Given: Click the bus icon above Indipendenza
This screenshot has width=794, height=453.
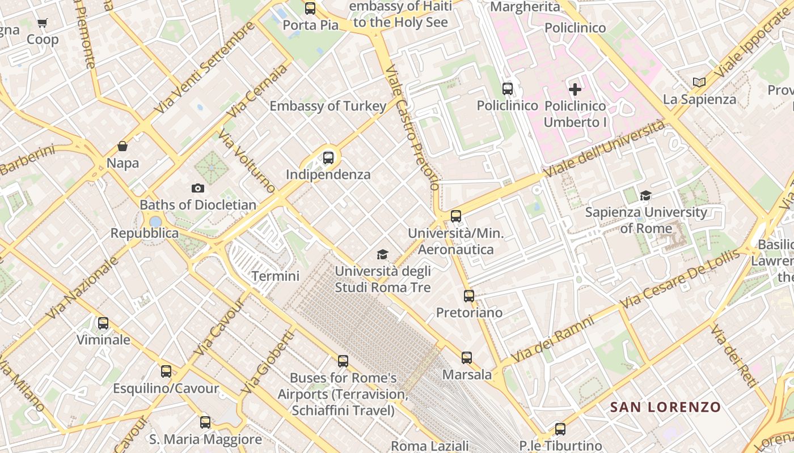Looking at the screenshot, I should (x=328, y=158).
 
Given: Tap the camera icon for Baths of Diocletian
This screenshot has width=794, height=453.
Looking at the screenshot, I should (x=198, y=188).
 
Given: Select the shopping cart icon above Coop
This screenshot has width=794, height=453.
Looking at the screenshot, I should (x=43, y=23).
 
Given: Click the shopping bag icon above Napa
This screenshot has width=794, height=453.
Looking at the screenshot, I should (x=123, y=147).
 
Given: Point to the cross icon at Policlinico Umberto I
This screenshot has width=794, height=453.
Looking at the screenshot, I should (x=575, y=89).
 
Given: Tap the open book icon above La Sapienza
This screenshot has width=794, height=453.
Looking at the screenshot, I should (x=699, y=83).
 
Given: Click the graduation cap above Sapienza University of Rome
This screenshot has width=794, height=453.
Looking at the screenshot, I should (x=645, y=196).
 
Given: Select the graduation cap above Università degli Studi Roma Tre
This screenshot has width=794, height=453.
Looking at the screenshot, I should (x=383, y=255).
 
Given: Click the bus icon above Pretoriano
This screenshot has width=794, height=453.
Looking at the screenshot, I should (x=469, y=296).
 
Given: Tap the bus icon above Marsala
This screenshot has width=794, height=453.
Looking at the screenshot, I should (x=467, y=357).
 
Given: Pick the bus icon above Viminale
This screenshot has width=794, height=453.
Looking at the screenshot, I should (x=103, y=323).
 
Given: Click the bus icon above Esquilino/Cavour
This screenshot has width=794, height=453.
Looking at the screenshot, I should (x=166, y=371).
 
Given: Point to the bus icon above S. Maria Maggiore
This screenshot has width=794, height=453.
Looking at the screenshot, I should (x=205, y=422).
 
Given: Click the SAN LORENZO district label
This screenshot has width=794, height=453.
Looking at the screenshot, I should (x=665, y=407).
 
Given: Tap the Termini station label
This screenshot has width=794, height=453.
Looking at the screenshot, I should (x=275, y=276).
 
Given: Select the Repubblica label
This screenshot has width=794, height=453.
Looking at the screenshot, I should (x=144, y=233).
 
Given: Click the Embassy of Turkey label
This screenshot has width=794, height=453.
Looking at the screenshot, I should (x=328, y=106).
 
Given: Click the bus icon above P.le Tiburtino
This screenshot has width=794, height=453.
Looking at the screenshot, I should (x=560, y=429).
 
